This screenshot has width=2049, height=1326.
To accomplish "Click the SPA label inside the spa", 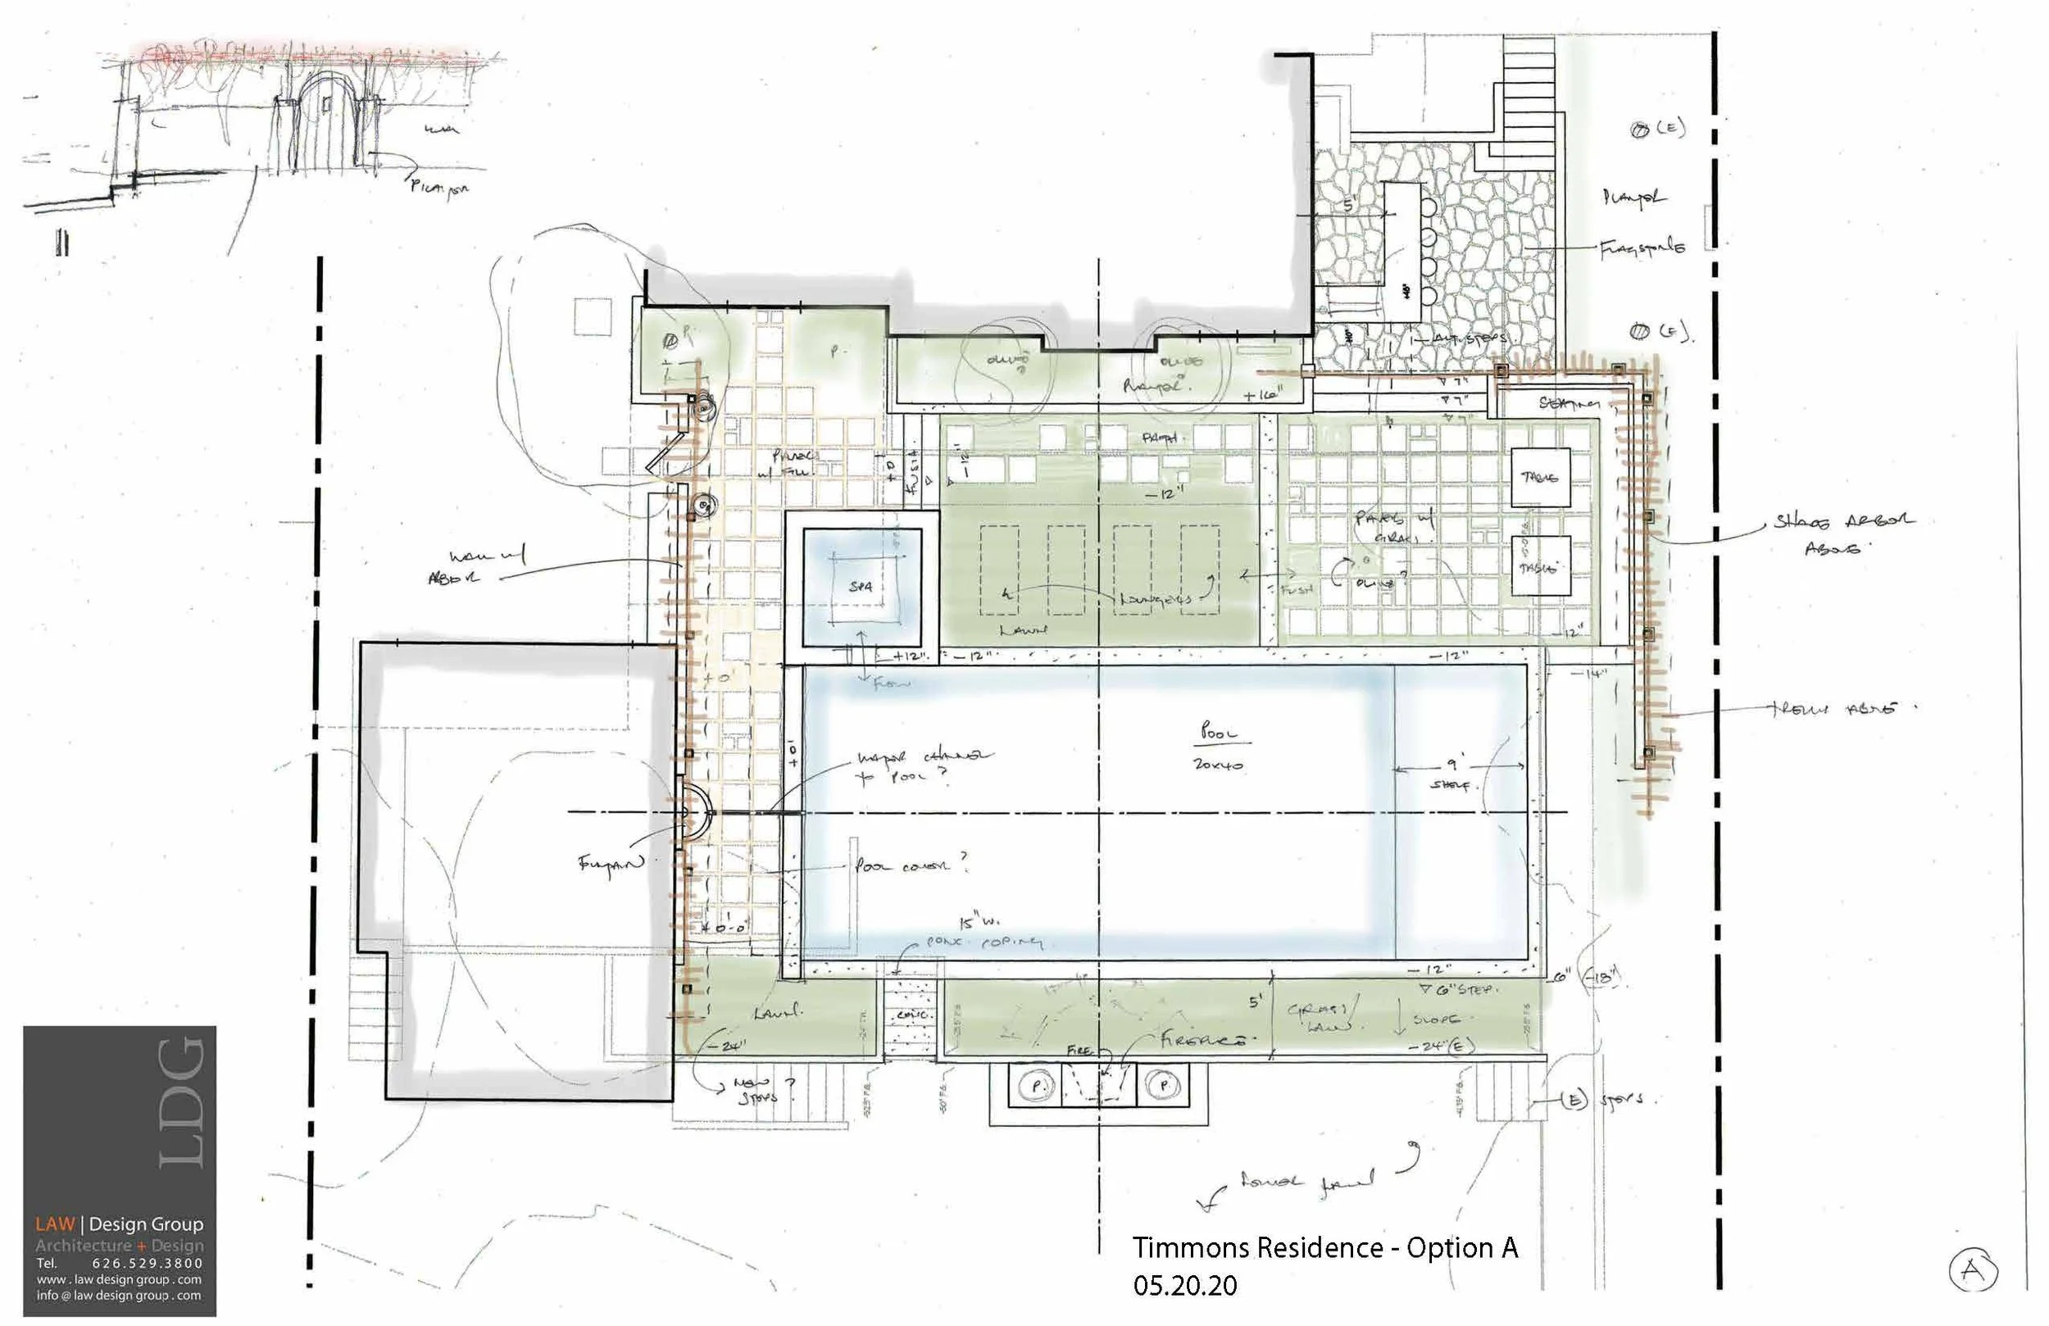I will (x=860, y=586).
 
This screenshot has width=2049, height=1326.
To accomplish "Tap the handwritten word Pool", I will (x=1218, y=732).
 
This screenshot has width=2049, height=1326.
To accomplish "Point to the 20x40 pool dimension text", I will (x=1217, y=764).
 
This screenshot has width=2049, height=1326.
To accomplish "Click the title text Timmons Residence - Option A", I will (x=1324, y=1247).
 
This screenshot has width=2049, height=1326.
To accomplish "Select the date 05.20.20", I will (x=1184, y=1286).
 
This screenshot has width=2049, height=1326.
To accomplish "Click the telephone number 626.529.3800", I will (x=148, y=1263).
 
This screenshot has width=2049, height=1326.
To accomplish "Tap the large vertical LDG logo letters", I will (x=183, y=1103).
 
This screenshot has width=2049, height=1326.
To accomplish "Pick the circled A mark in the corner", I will (x=1973, y=1269).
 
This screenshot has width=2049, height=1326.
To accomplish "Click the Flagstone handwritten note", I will (x=1641, y=248).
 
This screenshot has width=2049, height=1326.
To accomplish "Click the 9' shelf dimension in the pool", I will (x=1453, y=773).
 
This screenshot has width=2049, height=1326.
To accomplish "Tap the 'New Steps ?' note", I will (x=757, y=1089).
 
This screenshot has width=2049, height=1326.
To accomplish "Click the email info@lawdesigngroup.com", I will (x=119, y=1295).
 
